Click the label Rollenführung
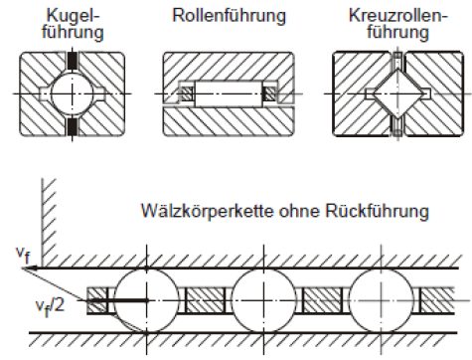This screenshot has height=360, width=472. (229, 17)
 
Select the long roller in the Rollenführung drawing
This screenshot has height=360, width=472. (228, 95)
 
